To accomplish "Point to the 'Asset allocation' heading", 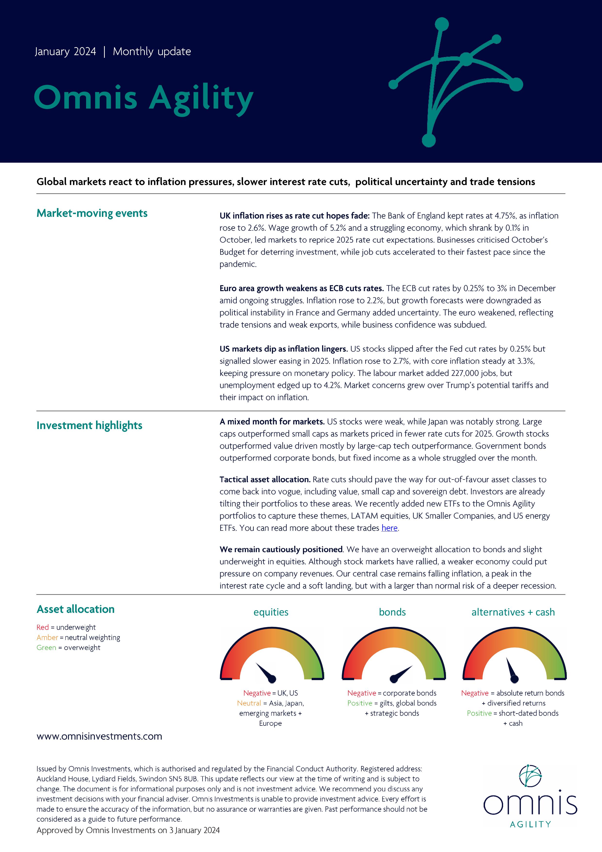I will click(76, 609).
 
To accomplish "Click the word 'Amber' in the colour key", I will click(47, 638).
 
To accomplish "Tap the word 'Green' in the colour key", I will click(46, 648).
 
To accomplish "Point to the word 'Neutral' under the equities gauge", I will click(249, 703).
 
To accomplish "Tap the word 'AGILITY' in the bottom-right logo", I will click(530, 824).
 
